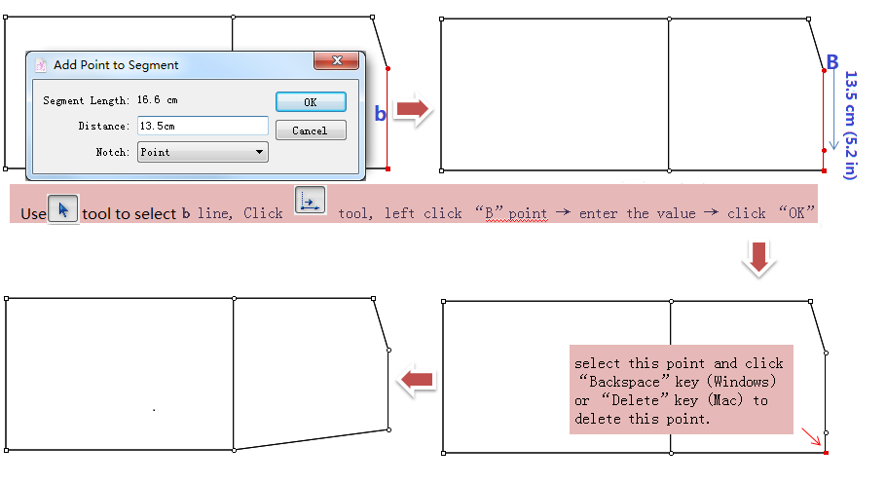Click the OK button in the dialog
pos(311,102)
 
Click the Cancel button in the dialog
pos(311,130)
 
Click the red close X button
pos(337,60)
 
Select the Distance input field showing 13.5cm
pos(203,126)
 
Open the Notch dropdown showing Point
pos(203,152)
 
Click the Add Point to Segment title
pos(116,65)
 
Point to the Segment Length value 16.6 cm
pos(158,100)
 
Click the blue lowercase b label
pos(381,114)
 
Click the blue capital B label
pos(832,61)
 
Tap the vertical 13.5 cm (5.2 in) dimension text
pos(850,125)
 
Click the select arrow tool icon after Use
pos(62,209)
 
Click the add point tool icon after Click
pos(311,201)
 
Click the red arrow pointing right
pos(413,108)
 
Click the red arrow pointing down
pos(758,258)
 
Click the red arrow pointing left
pos(417,380)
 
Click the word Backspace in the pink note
pos(624,382)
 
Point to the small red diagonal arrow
pos(811,436)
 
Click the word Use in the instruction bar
pos(33,214)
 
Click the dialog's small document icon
pos(41,65)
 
